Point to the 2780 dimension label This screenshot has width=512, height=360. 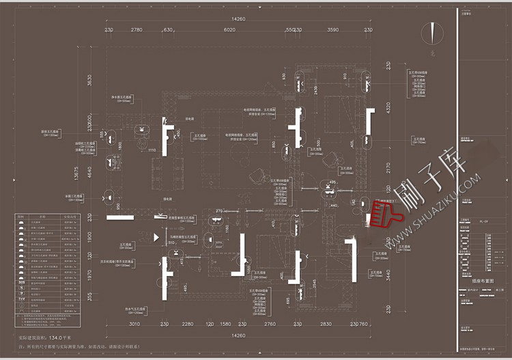(x=137, y=29)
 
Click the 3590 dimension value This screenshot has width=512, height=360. (x=332, y=29)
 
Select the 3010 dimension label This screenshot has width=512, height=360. (x=134, y=324)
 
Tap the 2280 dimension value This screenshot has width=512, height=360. (x=187, y=324)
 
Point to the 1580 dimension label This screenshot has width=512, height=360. (x=225, y=324)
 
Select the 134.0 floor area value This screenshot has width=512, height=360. (x=69, y=337)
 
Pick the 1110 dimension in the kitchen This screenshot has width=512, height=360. (x=152, y=150)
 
